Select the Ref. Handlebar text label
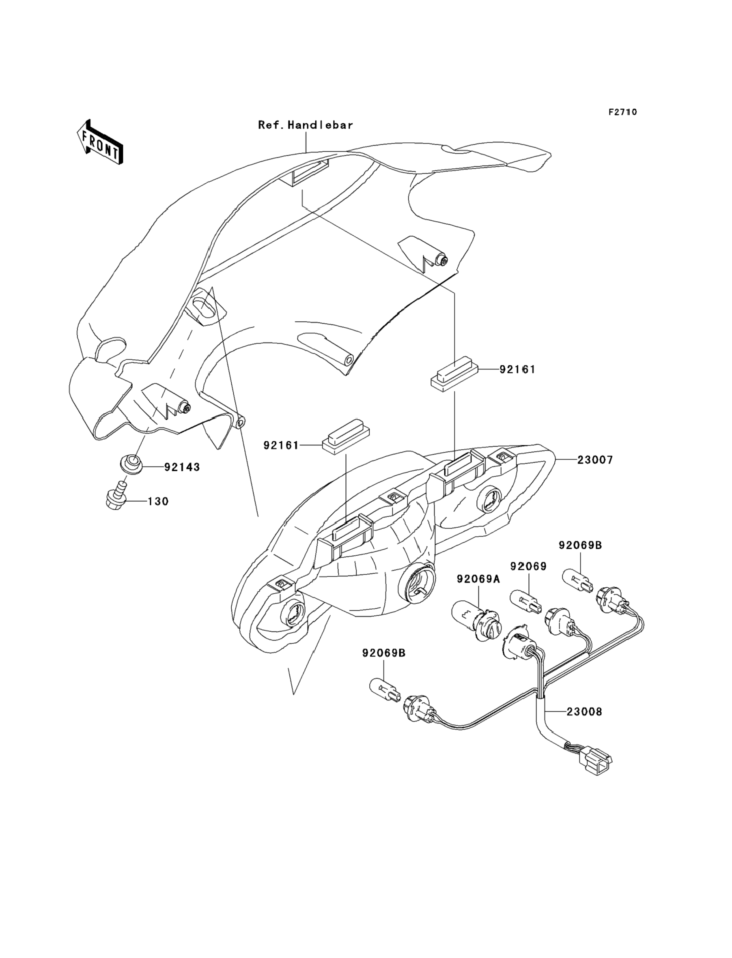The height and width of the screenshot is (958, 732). coord(306,125)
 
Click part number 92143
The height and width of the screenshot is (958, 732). coord(182,467)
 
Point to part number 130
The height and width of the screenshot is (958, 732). coord(158,502)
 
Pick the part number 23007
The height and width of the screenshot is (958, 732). coord(595,460)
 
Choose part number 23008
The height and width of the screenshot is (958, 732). coord(584,712)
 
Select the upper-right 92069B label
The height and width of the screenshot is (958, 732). coord(580,545)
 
